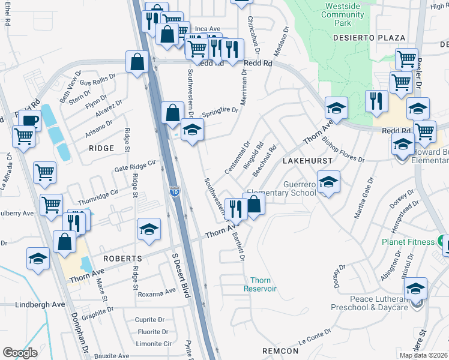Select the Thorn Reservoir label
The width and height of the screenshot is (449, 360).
click(x=261, y=284)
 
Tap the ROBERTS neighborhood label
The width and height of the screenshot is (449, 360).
click(x=122, y=259)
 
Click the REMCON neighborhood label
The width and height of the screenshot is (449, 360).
click(x=280, y=350)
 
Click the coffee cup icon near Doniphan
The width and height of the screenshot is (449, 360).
click(x=29, y=120)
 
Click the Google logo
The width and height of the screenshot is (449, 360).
click(x=20, y=353)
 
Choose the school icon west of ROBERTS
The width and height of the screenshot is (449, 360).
click(x=38, y=259)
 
